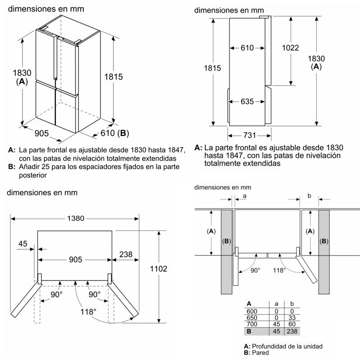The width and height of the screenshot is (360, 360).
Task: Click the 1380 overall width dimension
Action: coord(75,218)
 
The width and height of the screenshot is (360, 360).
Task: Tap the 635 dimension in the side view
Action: coord(247,102)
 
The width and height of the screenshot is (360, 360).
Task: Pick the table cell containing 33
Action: coord(292,317)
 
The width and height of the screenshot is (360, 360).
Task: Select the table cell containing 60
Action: coord(292,324)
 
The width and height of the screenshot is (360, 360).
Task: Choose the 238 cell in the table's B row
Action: coord(292,331)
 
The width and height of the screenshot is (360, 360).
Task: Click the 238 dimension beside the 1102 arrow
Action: coord(126,254)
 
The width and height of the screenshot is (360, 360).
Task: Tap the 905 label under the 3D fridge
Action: coord(41,133)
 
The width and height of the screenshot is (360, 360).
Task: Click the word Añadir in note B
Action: coord(30,167)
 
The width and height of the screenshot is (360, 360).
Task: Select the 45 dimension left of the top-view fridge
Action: coord(23,243)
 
